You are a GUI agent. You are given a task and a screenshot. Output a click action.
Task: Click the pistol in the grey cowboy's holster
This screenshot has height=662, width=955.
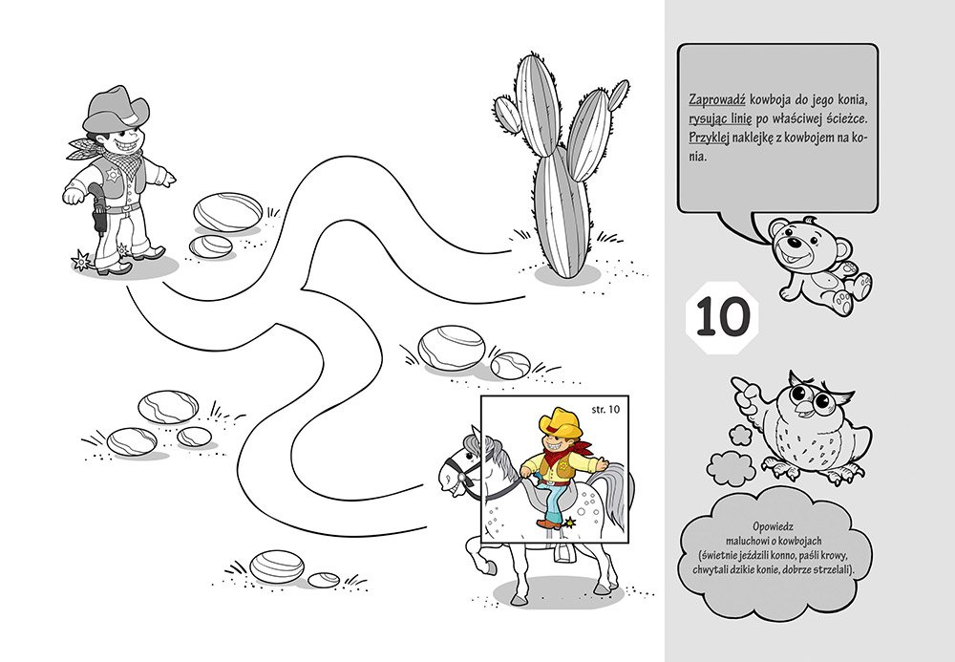[x=97, y=207]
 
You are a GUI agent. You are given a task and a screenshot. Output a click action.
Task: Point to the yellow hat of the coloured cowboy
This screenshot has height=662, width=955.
[x=560, y=422]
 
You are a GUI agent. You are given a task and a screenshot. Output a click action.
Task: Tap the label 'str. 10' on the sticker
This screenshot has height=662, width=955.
[x=605, y=409]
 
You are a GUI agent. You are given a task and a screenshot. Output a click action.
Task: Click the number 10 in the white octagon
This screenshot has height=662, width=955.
[x=722, y=317]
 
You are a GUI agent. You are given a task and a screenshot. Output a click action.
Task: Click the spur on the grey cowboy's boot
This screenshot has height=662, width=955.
[x=81, y=262]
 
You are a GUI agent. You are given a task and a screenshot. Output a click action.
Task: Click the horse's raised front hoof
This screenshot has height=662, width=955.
[x=487, y=568]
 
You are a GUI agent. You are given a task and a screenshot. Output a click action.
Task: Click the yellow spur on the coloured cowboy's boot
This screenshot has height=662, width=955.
[x=570, y=522]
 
